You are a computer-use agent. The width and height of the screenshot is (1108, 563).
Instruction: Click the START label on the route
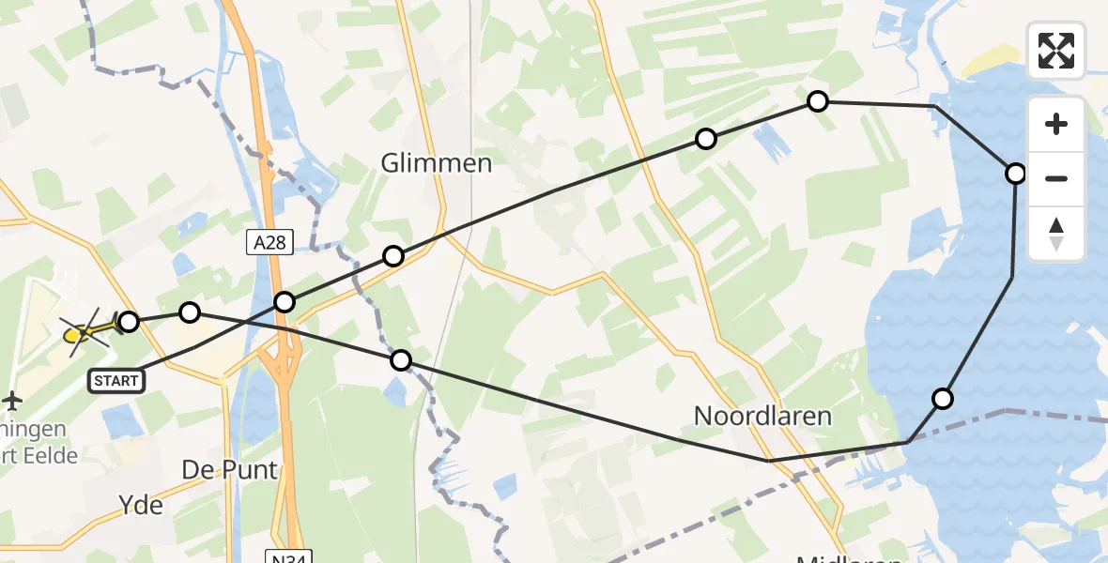click(x=116, y=380)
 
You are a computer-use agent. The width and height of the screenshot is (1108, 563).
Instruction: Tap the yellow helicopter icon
click(x=83, y=330)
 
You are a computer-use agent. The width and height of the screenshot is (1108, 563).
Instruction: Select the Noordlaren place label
click(x=762, y=416)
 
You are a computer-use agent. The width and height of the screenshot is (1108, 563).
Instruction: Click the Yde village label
click(x=142, y=506)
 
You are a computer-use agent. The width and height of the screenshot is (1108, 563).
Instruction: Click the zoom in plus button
click(x=1056, y=125)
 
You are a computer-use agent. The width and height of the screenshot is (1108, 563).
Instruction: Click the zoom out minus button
click(x=1056, y=178)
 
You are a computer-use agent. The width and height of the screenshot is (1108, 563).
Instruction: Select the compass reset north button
click(x=1056, y=234)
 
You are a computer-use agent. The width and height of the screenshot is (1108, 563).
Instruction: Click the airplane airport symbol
click(x=12, y=401)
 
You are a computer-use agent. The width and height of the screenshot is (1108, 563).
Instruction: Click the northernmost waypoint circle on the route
click(x=818, y=101)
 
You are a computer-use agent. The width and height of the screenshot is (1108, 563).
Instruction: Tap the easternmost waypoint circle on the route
click(x=1016, y=174)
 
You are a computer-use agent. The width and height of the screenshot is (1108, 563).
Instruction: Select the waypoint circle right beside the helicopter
click(x=129, y=322)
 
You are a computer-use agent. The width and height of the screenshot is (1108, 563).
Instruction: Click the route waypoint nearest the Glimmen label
click(x=393, y=256)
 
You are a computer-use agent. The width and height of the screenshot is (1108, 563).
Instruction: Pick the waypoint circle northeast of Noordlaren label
click(x=942, y=399)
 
